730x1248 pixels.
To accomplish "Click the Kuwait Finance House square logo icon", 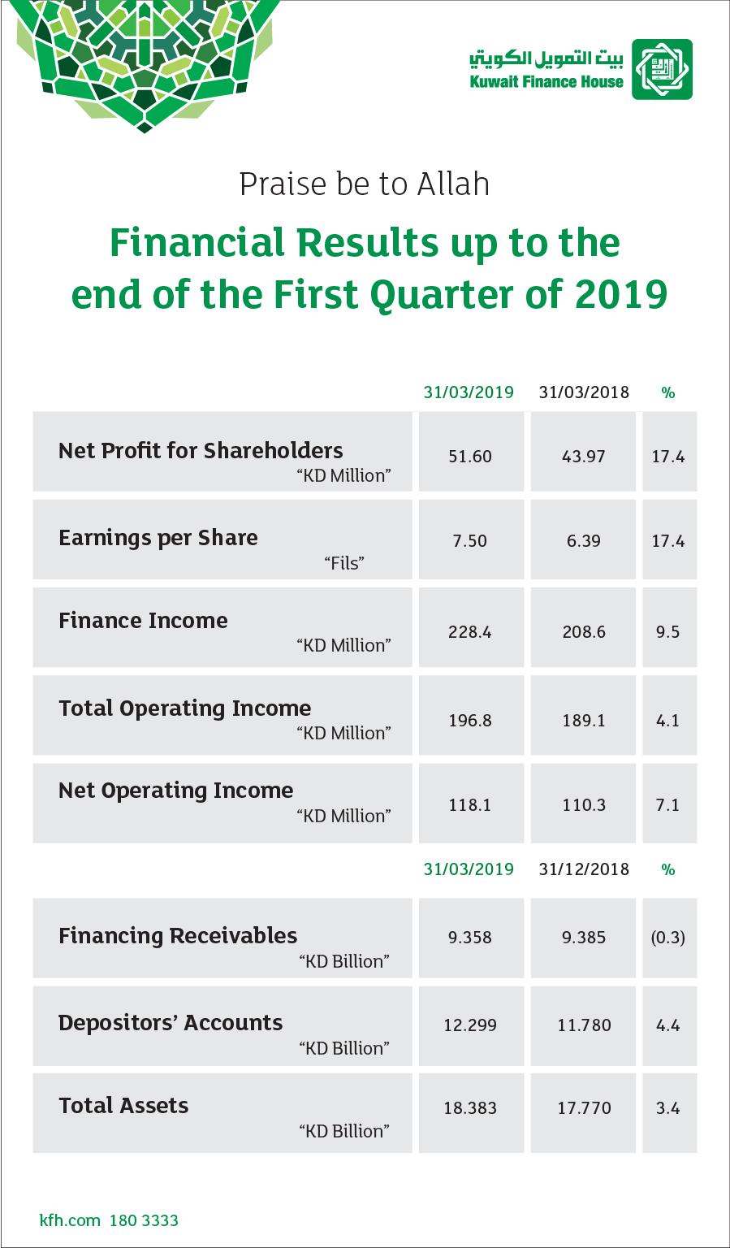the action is click(662, 69).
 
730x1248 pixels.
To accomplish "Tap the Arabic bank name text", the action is click(546, 58).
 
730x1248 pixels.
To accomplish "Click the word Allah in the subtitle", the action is click(453, 184).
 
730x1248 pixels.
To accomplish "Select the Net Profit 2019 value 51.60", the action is click(470, 457).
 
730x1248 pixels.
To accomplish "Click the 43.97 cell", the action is click(583, 457).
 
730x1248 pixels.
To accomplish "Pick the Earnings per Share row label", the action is click(158, 538).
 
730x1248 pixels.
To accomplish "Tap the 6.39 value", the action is click(584, 540).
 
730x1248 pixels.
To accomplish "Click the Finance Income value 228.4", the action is click(470, 632).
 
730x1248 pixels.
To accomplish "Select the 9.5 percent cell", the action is click(667, 632).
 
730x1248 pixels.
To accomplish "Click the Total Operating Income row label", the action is click(185, 708).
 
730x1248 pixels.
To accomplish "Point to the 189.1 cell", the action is click(584, 721).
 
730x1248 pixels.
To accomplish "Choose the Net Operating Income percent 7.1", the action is click(667, 804).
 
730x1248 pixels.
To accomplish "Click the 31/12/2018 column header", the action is click(584, 869).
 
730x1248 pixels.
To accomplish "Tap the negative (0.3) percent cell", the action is click(667, 937).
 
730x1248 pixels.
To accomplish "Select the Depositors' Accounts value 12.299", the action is click(470, 1025).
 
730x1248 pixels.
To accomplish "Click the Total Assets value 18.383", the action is click(470, 1108).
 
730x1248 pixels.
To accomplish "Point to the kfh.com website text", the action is click(70, 1220).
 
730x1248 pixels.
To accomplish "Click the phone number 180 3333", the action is click(144, 1220).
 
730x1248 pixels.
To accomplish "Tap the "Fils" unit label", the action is click(344, 563).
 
